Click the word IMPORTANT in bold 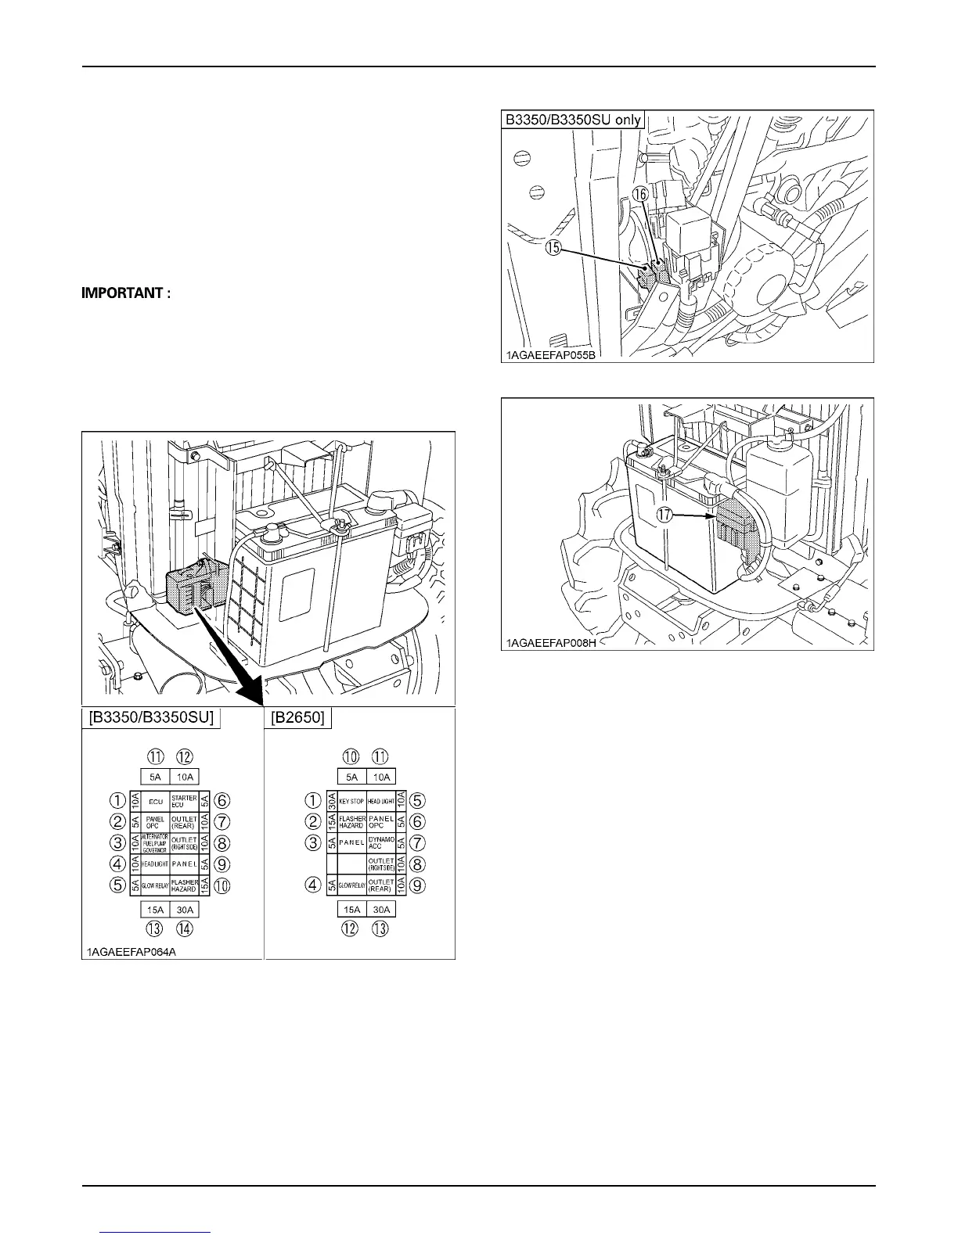click(x=126, y=294)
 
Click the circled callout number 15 click(x=553, y=248)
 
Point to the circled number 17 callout click(x=665, y=515)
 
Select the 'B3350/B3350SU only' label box click(x=573, y=120)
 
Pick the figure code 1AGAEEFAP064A click(x=131, y=952)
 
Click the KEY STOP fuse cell click(x=352, y=801)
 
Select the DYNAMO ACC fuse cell click(x=381, y=843)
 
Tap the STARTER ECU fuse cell click(x=184, y=801)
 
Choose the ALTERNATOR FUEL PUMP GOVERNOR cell click(x=155, y=843)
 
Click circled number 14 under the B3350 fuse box click(x=185, y=929)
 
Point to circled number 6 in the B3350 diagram click(x=222, y=801)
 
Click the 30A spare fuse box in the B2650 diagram click(x=381, y=909)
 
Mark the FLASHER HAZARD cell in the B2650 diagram click(x=352, y=822)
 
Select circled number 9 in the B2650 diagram click(x=418, y=886)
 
